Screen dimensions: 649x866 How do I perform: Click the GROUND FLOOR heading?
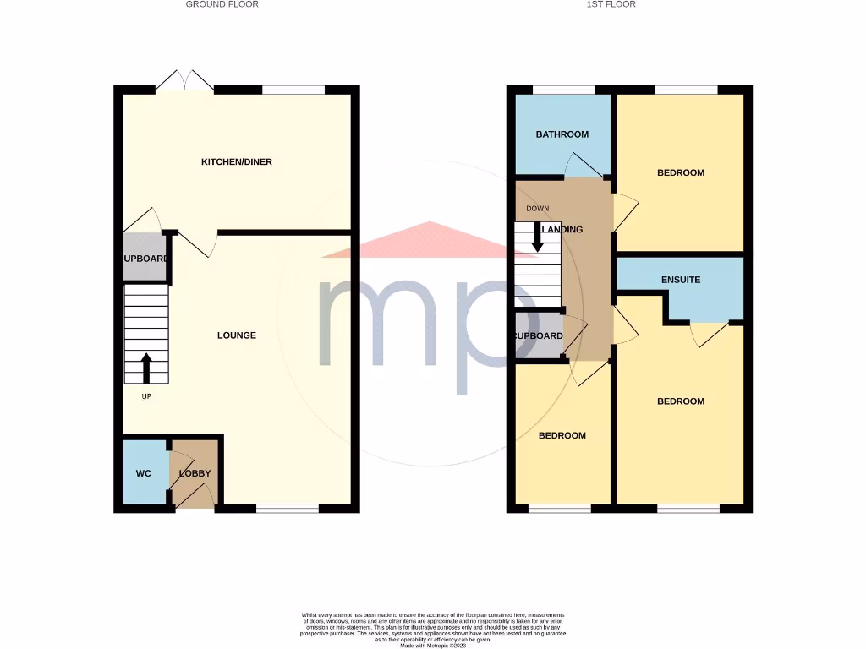[x=222, y=4]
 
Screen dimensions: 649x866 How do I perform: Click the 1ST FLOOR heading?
[x=611, y=4]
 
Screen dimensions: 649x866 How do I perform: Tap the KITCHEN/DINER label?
[x=236, y=161]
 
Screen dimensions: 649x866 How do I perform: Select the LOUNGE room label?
[x=237, y=335]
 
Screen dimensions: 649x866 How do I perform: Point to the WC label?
[x=144, y=473]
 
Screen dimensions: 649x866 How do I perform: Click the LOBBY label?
[x=195, y=473]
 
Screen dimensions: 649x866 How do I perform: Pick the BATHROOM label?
[x=562, y=134]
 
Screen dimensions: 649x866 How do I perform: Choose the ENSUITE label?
[x=681, y=280]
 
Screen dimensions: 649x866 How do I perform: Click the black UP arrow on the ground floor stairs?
[x=145, y=368]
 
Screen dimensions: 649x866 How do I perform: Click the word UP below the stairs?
[x=145, y=395]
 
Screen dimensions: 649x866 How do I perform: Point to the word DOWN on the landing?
[x=537, y=208]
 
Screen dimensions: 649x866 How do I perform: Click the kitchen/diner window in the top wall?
[x=293, y=89]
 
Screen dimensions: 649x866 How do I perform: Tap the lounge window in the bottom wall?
[x=287, y=509]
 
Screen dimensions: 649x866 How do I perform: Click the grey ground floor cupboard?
[x=145, y=259]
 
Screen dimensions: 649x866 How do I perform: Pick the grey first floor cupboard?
[x=538, y=335]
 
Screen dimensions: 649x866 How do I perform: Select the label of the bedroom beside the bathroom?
[x=681, y=172]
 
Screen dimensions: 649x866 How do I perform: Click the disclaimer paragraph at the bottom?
[x=432, y=630]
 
